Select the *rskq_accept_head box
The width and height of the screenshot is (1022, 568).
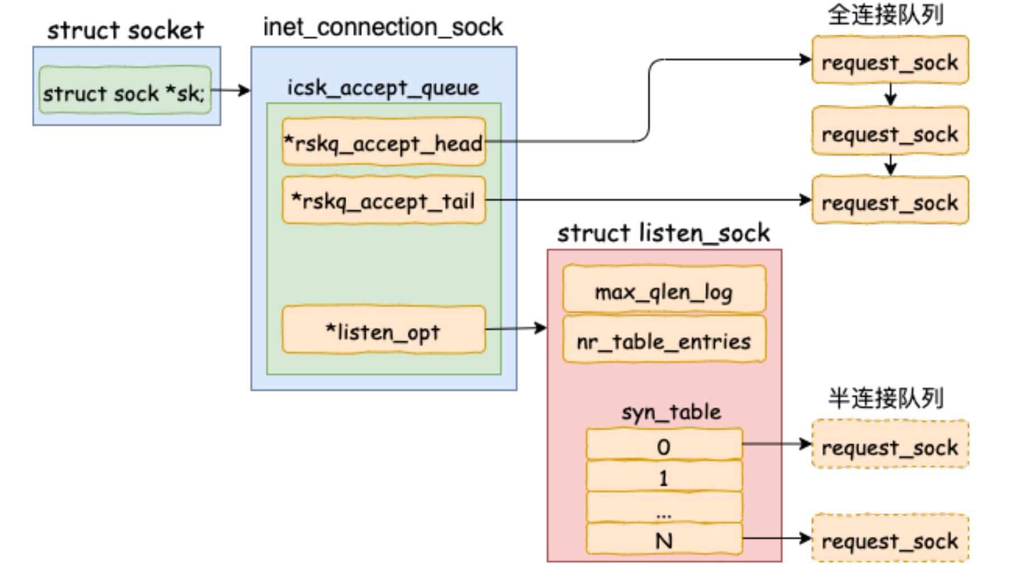coord(383,142)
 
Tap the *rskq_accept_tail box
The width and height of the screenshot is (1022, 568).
coord(383,200)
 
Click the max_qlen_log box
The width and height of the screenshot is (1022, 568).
coord(664,290)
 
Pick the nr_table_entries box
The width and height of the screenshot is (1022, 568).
coord(664,340)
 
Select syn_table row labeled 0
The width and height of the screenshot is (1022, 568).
coord(664,445)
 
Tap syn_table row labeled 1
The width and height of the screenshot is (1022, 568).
coord(664,477)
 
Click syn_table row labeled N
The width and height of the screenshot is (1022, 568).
coord(664,539)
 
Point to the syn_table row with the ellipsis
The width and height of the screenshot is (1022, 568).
coord(664,508)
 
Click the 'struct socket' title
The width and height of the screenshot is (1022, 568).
coord(125,30)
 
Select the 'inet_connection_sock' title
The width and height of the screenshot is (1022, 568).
coord(383,26)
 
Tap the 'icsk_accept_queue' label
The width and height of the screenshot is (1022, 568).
coord(383,87)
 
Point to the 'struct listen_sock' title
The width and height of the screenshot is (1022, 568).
coord(663,232)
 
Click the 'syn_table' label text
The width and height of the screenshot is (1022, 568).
coord(671,412)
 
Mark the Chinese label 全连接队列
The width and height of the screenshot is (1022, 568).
coord(885,15)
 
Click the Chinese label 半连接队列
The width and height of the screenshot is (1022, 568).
coord(885,398)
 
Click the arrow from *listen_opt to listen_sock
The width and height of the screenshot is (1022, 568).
coord(515,328)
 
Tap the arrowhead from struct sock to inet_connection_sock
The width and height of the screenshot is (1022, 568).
coord(244,90)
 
